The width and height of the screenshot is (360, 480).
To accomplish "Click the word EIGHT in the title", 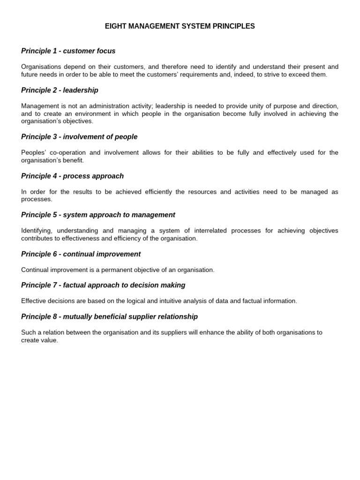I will [115, 26].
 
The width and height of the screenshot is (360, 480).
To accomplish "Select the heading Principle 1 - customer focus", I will [68, 51].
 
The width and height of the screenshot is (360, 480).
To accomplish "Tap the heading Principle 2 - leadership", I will [60, 90].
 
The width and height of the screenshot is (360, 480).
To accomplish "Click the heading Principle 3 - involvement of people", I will [79, 137].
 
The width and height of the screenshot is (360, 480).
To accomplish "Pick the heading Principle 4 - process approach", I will [72, 176].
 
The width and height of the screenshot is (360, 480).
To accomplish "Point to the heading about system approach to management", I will [98, 215].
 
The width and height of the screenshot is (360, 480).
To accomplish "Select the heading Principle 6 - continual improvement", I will [81, 254].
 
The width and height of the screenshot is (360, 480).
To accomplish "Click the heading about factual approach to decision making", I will [103, 285].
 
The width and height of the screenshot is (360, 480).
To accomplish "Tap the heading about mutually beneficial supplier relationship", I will [109, 316].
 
